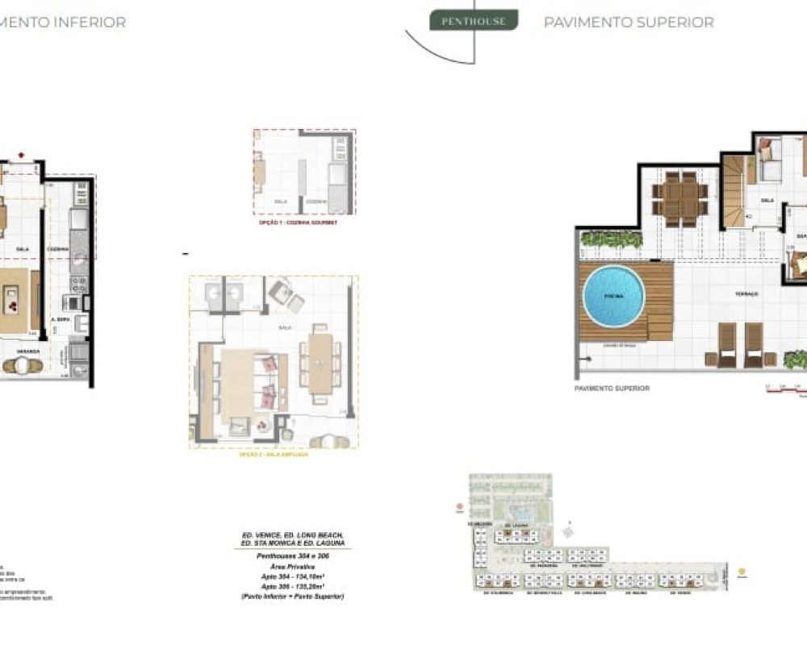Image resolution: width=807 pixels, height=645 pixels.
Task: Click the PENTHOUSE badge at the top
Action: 474,21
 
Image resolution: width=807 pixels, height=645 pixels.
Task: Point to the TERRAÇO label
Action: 746,294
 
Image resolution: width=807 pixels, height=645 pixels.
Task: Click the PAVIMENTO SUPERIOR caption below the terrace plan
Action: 612,389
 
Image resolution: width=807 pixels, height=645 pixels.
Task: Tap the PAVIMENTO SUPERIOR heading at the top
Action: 629,23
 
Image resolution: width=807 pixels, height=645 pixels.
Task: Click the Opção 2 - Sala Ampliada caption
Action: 274,455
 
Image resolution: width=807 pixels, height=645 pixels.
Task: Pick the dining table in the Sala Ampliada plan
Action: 320,363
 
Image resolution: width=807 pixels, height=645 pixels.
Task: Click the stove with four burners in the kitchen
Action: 79,285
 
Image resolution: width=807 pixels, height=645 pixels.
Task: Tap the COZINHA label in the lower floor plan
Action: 57,249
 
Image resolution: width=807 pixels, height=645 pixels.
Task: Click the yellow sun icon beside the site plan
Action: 741,572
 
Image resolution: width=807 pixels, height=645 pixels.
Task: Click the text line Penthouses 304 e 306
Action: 293,556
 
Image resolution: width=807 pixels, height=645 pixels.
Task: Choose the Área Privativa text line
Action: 293,567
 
